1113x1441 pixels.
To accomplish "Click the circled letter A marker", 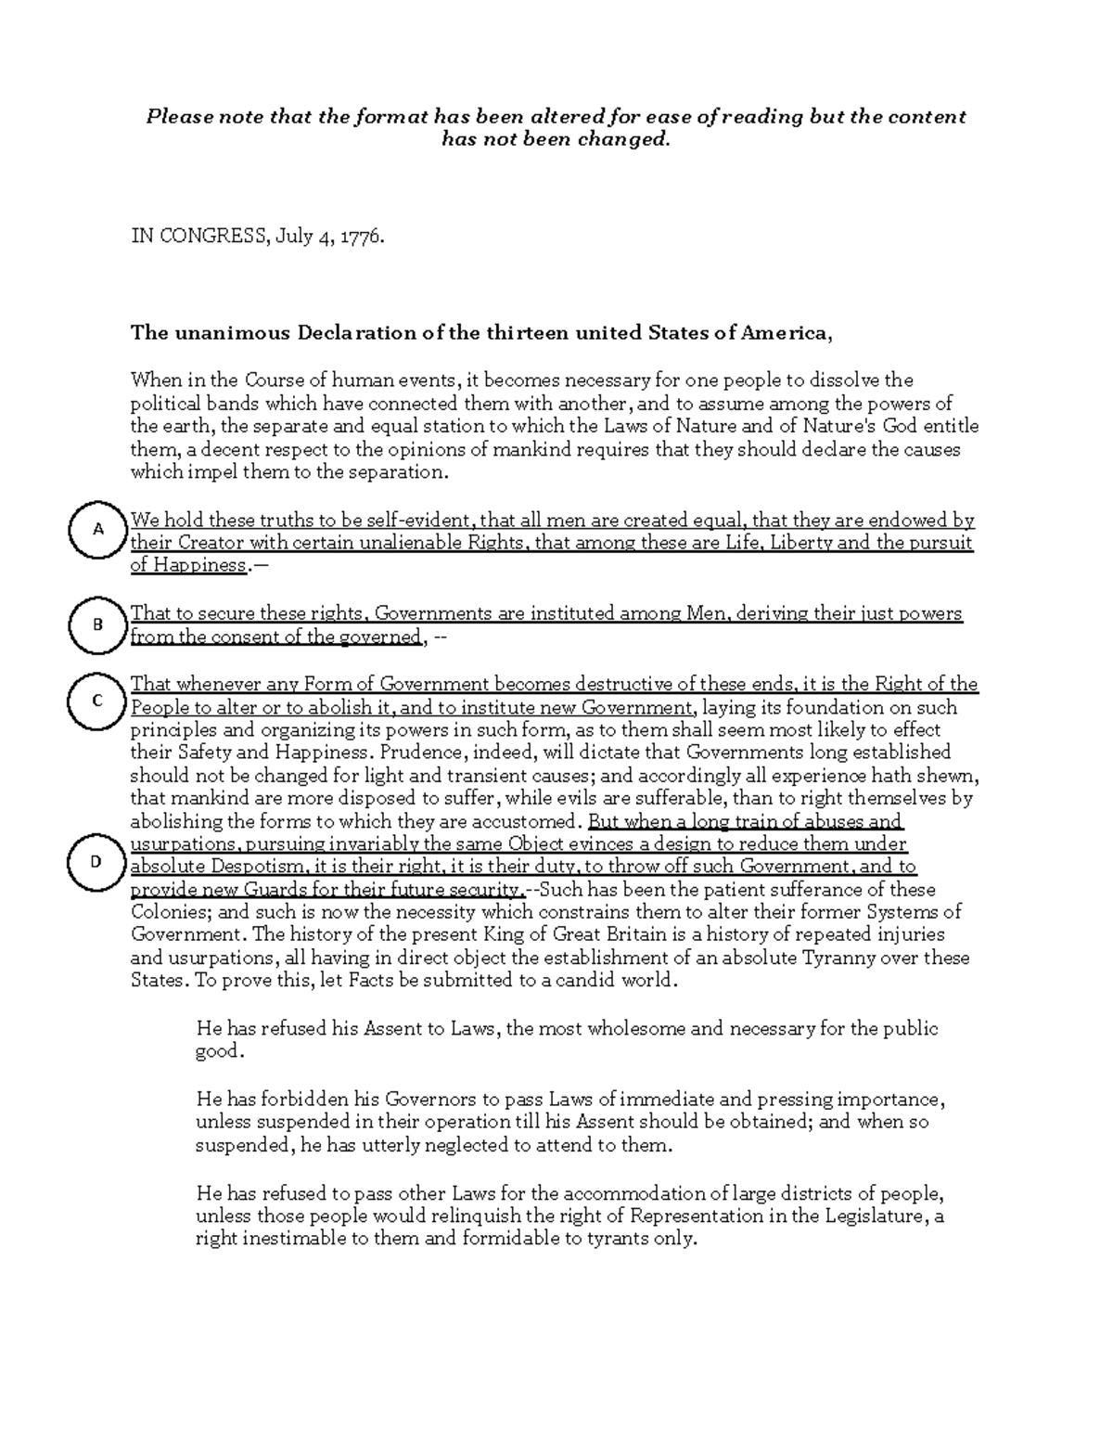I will point(96,529).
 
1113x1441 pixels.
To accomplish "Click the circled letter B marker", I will point(96,624).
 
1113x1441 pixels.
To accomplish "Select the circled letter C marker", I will point(96,701).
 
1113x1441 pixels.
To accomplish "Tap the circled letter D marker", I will point(96,861).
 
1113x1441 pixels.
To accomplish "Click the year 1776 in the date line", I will point(362,237).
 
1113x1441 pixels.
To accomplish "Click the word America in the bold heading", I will point(784,333).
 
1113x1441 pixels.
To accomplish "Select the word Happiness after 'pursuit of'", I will point(200,566).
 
